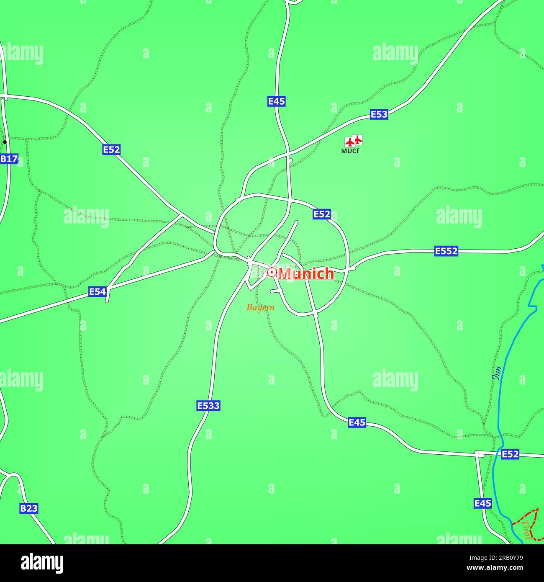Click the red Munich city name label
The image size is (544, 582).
click(306, 273)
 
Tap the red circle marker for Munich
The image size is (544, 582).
click(272, 273)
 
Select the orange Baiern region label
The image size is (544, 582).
click(260, 308)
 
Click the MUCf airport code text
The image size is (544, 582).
click(350, 151)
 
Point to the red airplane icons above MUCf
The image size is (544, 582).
click(353, 141)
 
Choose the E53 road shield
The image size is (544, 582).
click(379, 114)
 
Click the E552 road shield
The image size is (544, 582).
click(446, 251)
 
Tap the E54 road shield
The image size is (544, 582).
click(98, 292)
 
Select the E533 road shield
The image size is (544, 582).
click(208, 405)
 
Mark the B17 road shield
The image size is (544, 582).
click(9, 159)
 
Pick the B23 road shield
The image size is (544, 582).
click(29, 508)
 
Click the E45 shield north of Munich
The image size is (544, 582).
click(277, 101)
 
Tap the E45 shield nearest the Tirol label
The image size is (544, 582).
click(482, 503)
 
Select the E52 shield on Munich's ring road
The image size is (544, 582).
click(321, 214)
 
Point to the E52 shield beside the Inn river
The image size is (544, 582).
click(510, 454)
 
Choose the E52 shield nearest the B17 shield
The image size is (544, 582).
click(111, 149)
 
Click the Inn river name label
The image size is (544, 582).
click(497, 373)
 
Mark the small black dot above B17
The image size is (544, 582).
click(5, 142)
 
